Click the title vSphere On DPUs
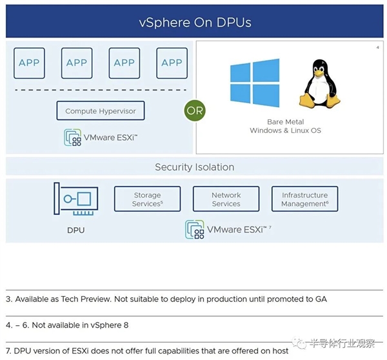pos(195,23)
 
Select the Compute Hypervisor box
pos(101,111)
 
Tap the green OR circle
pos(194,111)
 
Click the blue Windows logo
pos(255,82)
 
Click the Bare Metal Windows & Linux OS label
pos(285,126)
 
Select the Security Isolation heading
pos(194,167)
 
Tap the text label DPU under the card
pos(75,230)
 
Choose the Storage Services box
pos(147,199)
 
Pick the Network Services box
pos(226,199)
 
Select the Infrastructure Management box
pos(304,199)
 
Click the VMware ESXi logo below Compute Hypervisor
pos(101,137)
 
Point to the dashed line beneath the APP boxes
pos(101,89)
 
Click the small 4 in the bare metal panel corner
pos(377,48)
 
